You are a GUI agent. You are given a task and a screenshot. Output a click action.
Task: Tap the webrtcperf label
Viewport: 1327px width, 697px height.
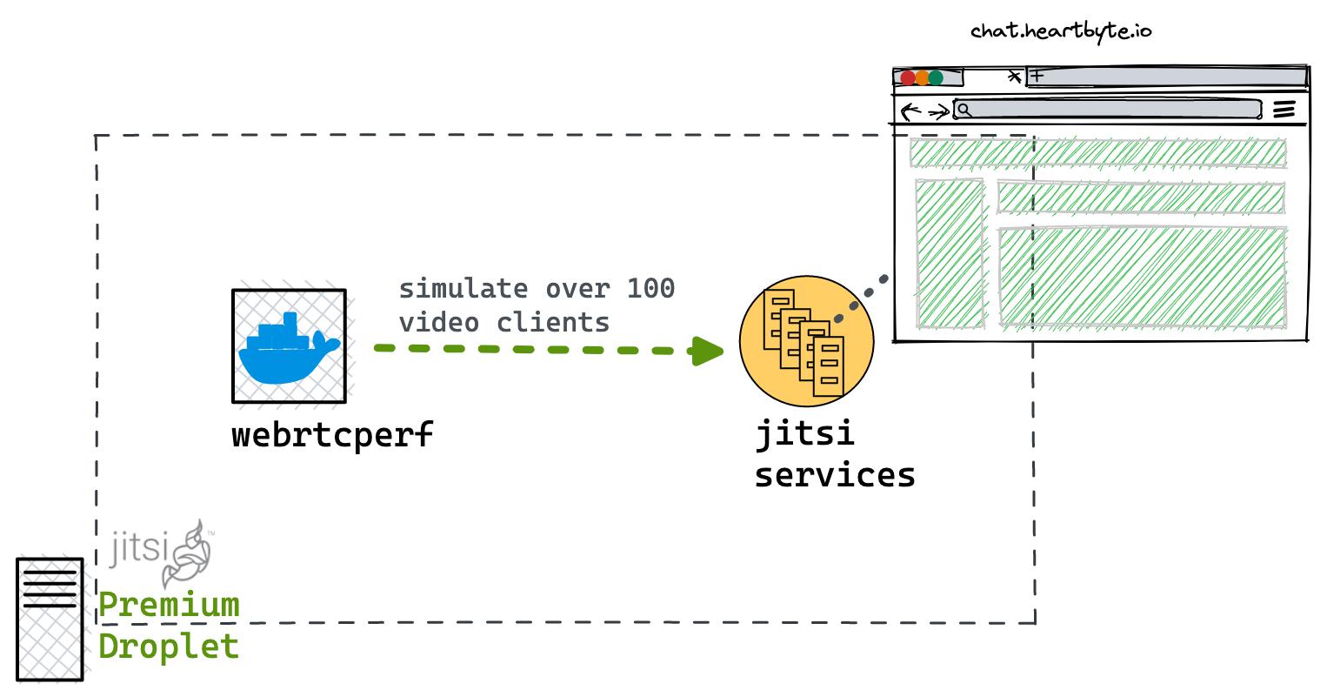pyautogui.click(x=332, y=435)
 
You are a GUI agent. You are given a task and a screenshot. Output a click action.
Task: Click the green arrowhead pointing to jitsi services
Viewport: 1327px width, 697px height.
pyautogui.click(x=707, y=351)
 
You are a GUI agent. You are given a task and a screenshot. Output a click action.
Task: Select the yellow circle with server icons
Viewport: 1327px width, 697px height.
pyautogui.click(x=806, y=341)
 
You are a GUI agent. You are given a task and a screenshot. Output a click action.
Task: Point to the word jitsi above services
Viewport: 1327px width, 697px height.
pyautogui.click(x=804, y=433)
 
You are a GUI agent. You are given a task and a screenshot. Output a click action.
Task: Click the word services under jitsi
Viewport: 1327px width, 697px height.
pyautogui.click(x=835, y=475)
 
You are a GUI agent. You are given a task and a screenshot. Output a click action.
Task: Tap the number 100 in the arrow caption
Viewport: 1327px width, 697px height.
pyautogui.click(x=651, y=289)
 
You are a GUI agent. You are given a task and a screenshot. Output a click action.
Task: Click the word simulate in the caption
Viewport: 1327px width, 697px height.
pyautogui.click(x=463, y=289)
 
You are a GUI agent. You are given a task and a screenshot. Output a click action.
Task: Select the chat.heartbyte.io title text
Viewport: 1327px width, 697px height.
pyautogui.click(x=1061, y=31)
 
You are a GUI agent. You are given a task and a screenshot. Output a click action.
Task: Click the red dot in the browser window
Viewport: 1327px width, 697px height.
pyautogui.click(x=908, y=77)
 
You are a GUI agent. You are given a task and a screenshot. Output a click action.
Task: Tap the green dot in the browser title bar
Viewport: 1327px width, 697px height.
pyautogui.click(x=936, y=77)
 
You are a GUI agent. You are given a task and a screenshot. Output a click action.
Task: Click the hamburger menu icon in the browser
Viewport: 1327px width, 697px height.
pyautogui.click(x=1284, y=110)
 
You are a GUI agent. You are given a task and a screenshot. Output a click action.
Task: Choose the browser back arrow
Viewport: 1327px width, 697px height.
pyautogui.click(x=910, y=111)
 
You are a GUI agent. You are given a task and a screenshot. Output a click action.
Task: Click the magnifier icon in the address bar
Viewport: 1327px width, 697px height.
pyautogui.click(x=964, y=110)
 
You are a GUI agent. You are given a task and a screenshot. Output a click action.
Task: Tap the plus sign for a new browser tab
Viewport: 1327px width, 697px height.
pyautogui.click(x=1037, y=76)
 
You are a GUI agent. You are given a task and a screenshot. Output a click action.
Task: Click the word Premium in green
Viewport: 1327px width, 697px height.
pyautogui.click(x=169, y=605)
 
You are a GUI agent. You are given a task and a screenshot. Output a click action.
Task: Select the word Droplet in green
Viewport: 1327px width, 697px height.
pyautogui.click(x=168, y=646)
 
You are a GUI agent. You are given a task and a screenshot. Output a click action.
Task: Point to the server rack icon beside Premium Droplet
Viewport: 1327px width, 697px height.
pyautogui.click(x=50, y=619)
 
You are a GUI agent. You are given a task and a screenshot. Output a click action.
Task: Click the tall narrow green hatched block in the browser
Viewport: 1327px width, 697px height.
pyautogui.click(x=950, y=254)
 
